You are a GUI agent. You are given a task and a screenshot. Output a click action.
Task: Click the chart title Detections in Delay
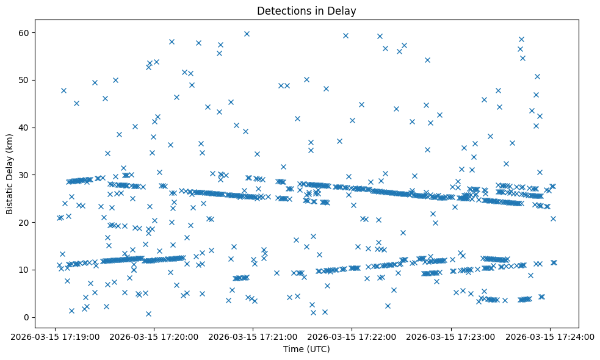pos(306,10)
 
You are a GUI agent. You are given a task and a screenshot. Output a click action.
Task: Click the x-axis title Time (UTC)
pos(306,349)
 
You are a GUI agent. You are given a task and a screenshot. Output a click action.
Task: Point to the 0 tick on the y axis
pos(27,317)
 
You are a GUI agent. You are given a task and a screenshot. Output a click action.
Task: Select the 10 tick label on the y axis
pos(24,270)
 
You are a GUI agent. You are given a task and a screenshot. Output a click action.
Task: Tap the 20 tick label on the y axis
pos(24,222)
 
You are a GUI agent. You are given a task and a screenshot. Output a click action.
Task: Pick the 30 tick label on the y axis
pos(24,175)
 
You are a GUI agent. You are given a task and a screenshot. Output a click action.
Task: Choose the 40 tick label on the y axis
pos(24,128)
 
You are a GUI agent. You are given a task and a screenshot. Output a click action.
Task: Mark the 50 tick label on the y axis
pos(24,80)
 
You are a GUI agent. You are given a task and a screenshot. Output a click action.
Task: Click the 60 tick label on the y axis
pos(24,32)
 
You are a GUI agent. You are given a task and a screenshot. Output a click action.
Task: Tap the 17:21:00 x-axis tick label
pos(252,336)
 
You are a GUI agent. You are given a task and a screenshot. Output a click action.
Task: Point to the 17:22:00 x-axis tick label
pos(352,336)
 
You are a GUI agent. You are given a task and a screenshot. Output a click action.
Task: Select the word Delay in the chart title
pos(344,10)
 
